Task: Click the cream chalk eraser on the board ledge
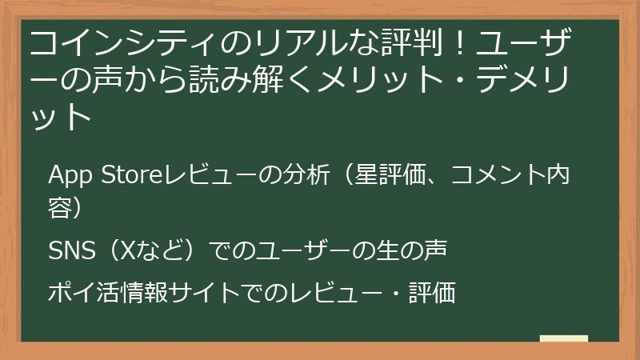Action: point(564,338)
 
